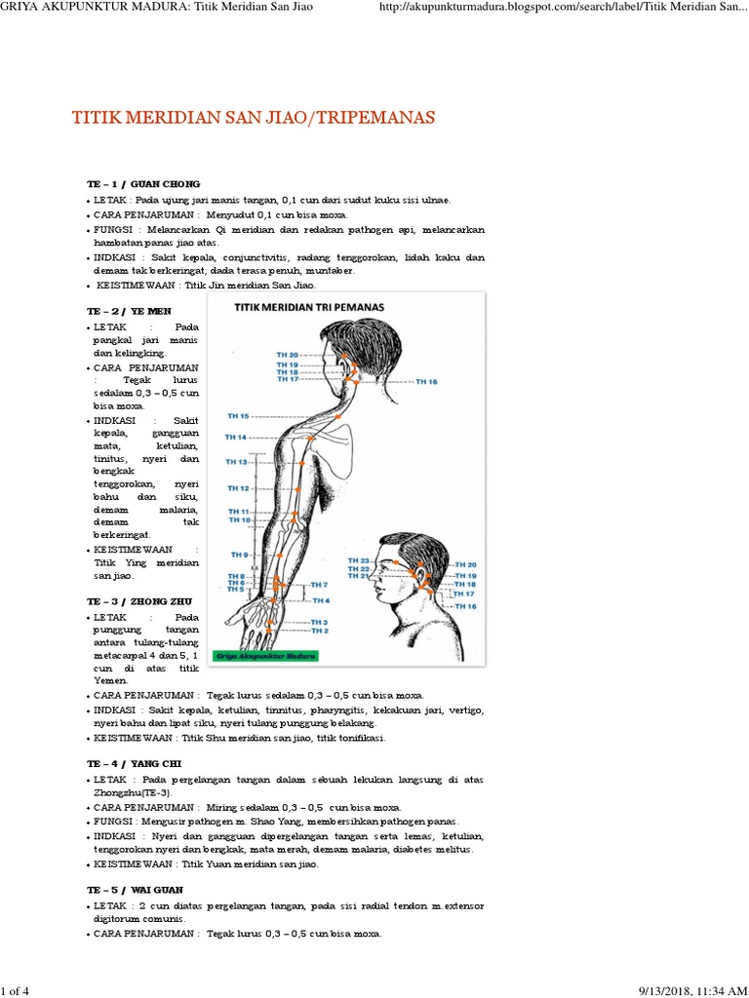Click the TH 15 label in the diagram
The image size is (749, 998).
[x=237, y=415]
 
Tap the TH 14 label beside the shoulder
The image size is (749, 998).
[x=235, y=437]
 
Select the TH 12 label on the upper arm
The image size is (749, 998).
[x=239, y=487]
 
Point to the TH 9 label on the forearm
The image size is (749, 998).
[x=239, y=555]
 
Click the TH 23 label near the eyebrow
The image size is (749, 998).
[x=358, y=561]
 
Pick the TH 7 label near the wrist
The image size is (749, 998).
[x=319, y=585]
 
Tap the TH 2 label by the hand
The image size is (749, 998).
[x=319, y=631]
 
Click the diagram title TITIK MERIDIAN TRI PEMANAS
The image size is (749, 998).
[x=308, y=306]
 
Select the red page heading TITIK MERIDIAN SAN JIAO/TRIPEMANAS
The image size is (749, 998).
[x=254, y=118]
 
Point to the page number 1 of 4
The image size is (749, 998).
[x=17, y=990]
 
